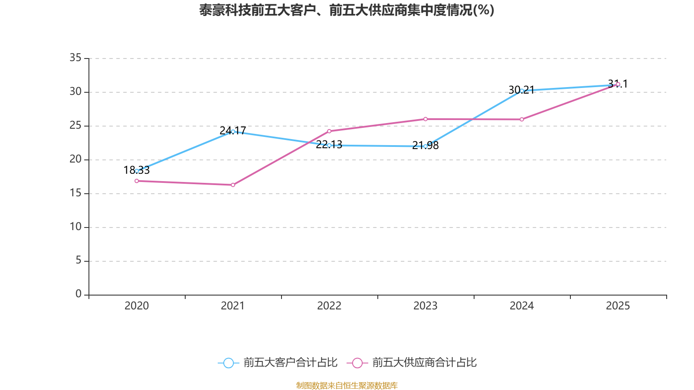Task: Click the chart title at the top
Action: point(347,10)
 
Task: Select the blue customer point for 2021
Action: point(233,131)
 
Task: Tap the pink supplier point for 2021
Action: point(233,185)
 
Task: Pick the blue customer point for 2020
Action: point(137,171)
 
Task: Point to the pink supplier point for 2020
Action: point(137,181)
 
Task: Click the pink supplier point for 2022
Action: point(329,131)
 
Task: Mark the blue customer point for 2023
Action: point(426,146)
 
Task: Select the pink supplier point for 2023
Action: point(426,119)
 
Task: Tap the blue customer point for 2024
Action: point(522,91)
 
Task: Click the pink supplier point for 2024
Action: point(522,119)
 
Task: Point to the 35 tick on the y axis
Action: point(75,58)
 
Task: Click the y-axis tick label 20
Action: point(75,159)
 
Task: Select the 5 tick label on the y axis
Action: point(79,260)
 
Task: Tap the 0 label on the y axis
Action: point(79,294)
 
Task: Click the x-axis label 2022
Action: point(329,306)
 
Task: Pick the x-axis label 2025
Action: point(618,306)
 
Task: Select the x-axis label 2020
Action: point(137,306)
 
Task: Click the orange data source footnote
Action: point(347,385)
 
